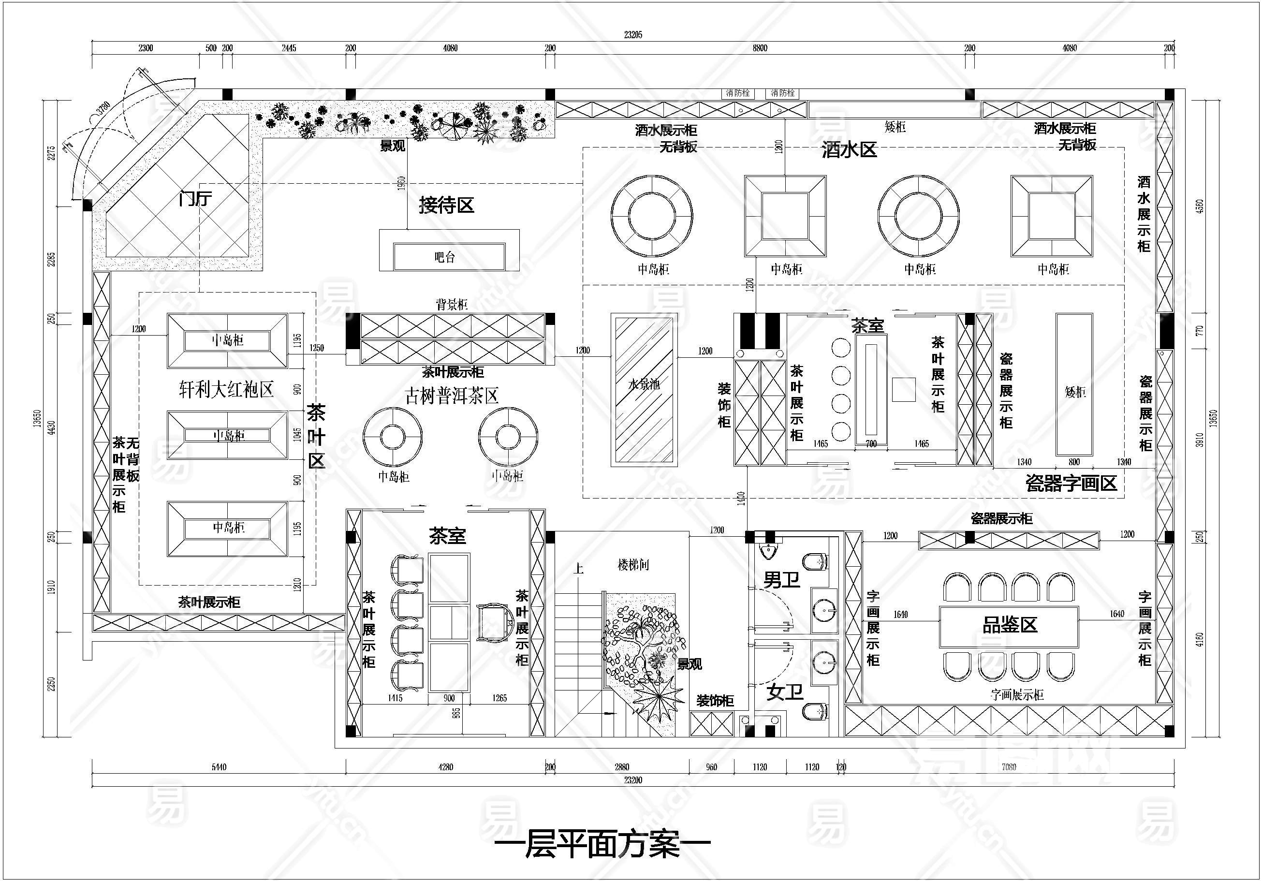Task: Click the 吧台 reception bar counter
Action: coord(449,256)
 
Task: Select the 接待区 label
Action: coord(446,206)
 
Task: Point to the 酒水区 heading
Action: coord(849,149)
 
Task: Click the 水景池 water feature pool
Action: coord(644,390)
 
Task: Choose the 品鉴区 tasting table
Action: coord(1009,626)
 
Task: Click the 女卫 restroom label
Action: coord(784,692)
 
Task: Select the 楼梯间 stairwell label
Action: coord(633,564)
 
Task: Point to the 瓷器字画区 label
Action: coord(1071,483)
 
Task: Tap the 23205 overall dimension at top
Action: coord(632,35)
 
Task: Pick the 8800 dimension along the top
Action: coord(760,48)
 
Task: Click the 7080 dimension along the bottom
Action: coord(1009,767)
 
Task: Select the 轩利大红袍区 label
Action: coord(226,390)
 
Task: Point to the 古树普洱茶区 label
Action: coord(452,396)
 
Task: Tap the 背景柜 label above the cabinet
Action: coord(452,305)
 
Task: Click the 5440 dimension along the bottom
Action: coord(219,767)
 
